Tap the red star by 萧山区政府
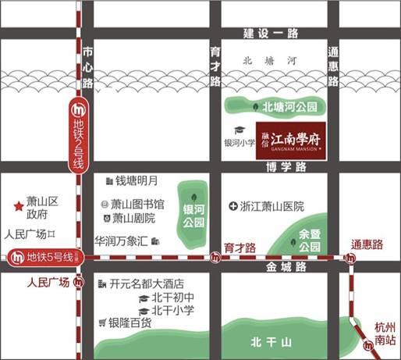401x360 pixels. pyautogui.click(x=17, y=206)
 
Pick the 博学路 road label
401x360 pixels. pyautogui.click(x=283, y=167)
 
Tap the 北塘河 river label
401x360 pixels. pyautogui.click(x=260, y=60)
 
